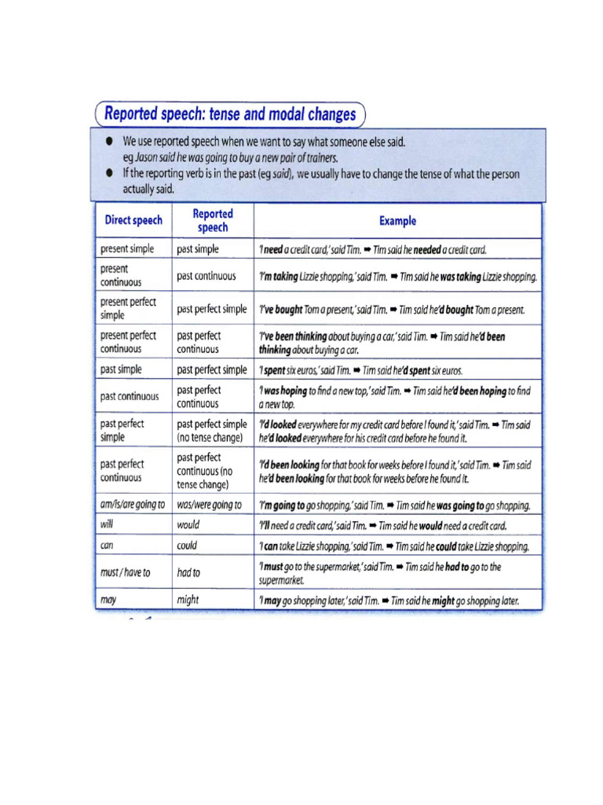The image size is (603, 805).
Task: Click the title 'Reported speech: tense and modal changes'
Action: (229, 114)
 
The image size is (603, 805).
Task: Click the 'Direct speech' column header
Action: (133, 221)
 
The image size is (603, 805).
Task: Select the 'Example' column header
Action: (397, 221)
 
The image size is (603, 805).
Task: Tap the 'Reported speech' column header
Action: (212, 221)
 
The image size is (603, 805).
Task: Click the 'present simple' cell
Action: (127, 249)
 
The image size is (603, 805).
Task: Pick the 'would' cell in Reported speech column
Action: (189, 525)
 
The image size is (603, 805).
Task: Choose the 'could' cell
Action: (187, 545)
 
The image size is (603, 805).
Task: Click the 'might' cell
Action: (188, 600)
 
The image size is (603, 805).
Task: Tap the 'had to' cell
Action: (188, 572)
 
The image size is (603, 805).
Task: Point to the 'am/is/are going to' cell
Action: (133, 505)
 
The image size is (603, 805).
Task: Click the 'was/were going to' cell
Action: (209, 505)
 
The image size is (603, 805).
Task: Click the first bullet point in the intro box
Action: (108, 142)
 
